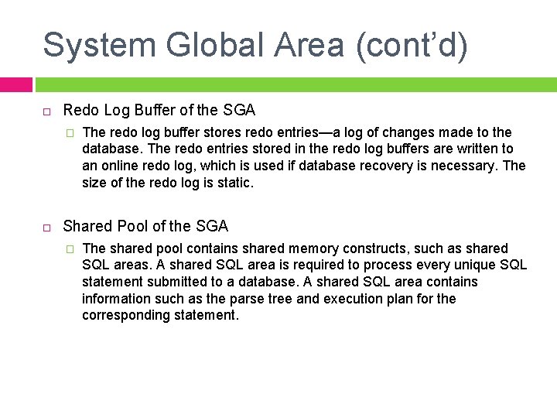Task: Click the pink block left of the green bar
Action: (15, 84)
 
